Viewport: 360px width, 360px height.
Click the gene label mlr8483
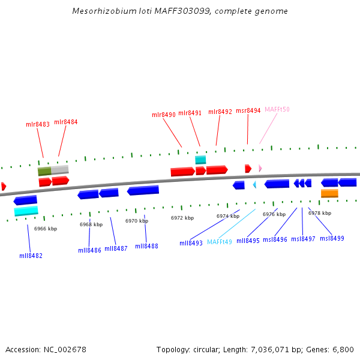tap(38, 124)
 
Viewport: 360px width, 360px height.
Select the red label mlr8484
tap(66, 122)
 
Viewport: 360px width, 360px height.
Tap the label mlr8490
tap(164, 115)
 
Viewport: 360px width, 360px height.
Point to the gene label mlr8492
tap(220, 112)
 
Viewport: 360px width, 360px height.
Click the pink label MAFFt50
tap(277, 109)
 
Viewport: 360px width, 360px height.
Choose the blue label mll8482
tap(31, 256)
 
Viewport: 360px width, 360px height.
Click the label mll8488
tap(146, 246)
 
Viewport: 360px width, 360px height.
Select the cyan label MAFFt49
tap(220, 242)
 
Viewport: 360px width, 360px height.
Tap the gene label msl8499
tap(332, 238)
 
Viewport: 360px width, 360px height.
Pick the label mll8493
tap(191, 243)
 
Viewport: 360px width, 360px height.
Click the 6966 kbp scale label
tap(46, 229)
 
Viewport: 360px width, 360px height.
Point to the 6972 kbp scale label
tap(182, 218)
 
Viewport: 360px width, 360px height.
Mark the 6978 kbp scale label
tap(320, 213)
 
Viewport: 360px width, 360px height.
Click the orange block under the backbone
tap(329, 193)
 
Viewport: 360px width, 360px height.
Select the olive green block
tap(44, 171)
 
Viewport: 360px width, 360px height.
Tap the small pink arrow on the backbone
tap(260, 168)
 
